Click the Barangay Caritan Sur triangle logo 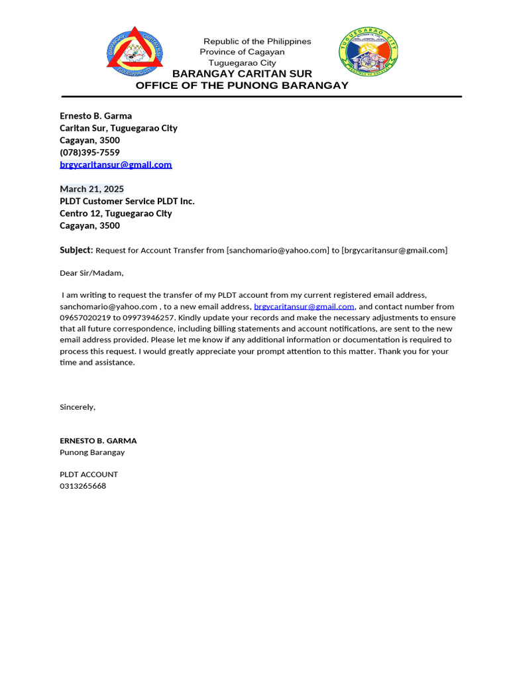pyautogui.click(x=135, y=50)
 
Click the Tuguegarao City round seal pyautogui.click(x=368, y=52)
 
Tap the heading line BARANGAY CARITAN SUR pyautogui.click(x=242, y=74)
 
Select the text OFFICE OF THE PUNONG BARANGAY pyautogui.click(x=242, y=86)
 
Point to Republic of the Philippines pyautogui.click(x=257, y=41)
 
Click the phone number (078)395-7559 pyautogui.click(x=89, y=153)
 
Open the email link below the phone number pyautogui.click(x=115, y=164)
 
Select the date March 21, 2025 pyautogui.click(x=91, y=189)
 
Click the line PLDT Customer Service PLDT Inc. pyautogui.click(x=127, y=201)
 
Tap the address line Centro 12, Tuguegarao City pyautogui.click(x=115, y=214)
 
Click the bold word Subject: pyautogui.click(x=76, y=250)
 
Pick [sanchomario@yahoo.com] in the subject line pyautogui.click(x=278, y=250)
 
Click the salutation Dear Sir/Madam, pyautogui.click(x=91, y=273)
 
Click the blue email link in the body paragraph pyautogui.click(x=304, y=306)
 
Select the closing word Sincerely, pyautogui.click(x=78, y=407)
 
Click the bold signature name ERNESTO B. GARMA pyautogui.click(x=98, y=440)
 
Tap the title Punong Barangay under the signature pyautogui.click(x=92, y=452)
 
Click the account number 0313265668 pyautogui.click(x=83, y=486)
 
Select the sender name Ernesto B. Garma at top pyautogui.click(x=95, y=116)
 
